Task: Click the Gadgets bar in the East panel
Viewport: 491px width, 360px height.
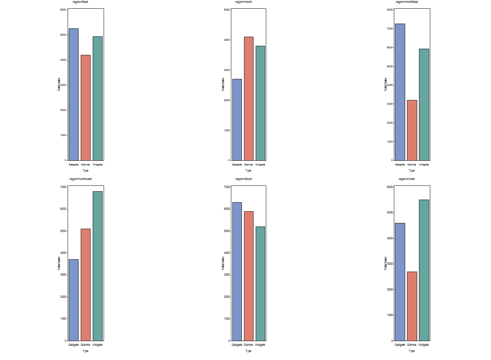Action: click(73, 95)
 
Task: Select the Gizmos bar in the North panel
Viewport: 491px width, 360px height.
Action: click(248, 99)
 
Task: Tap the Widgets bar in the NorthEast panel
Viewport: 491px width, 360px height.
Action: click(424, 105)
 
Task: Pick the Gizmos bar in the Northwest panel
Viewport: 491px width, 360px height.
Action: click(85, 285)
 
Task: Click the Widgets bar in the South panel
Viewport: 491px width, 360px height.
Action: click(260, 284)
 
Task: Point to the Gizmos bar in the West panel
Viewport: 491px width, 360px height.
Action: click(412, 306)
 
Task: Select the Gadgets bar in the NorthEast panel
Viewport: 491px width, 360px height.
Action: click(400, 92)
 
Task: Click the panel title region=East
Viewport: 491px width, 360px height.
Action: click(80, 2)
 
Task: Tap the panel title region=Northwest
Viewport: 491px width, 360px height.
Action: click(80, 179)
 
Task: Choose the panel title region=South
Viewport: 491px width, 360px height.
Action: click(244, 179)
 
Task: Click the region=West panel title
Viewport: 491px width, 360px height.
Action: click(407, 179)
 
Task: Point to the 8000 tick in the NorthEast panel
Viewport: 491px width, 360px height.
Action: click(390, 10)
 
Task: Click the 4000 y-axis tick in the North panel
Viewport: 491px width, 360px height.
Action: click(227, 40)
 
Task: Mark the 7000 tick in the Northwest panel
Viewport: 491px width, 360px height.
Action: click(63, 187)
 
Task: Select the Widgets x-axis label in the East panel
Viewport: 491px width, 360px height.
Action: click(97, 165)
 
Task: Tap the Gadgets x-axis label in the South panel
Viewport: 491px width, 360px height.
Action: click(237, 345)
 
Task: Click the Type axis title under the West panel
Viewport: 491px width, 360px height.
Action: click(412, 351)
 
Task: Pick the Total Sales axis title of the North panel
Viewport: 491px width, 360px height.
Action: click(223, 84)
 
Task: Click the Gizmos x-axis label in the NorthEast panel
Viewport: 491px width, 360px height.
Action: click(412, 165)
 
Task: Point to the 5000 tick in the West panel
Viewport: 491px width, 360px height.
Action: click(390, 213)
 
